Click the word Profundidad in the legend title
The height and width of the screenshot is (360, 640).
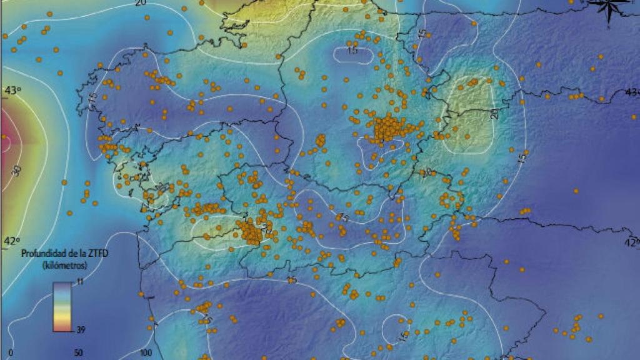point(42,254)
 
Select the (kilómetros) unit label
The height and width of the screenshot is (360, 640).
point(64,265)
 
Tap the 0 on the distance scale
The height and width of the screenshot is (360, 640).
point(11,352)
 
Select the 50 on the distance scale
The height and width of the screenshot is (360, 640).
point(78,352)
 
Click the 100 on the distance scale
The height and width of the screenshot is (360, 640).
point(146,352)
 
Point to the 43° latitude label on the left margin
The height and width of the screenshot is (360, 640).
point(12,91)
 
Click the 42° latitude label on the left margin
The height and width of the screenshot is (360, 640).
point(12,240)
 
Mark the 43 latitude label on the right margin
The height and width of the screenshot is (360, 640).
point(632,92)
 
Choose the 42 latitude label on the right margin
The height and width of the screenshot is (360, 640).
point(632,242)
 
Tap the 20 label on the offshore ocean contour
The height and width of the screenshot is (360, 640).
point(141,3)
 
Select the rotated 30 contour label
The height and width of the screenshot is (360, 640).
point(16,170)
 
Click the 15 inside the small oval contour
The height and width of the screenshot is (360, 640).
point(352,51)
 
